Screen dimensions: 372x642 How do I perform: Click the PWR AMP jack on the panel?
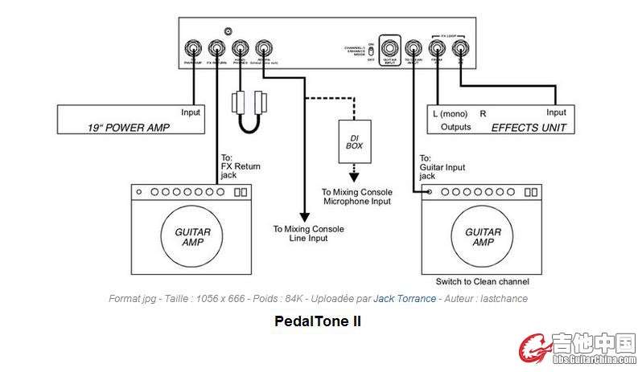point(193,47)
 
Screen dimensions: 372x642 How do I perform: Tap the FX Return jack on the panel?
point(216,47)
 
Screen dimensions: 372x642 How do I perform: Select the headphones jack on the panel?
point(240,47)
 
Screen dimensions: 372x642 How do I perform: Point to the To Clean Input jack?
point(414,47)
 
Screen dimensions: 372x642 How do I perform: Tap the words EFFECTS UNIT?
point(528,127)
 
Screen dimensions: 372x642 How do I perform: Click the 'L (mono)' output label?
point(450,113)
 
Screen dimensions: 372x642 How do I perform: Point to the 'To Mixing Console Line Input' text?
point(308,234)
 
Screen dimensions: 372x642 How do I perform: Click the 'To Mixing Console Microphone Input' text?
point(356,197)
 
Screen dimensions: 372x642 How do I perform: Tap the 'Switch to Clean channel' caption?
point(482,282)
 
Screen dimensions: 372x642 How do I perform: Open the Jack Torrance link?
point(405,299)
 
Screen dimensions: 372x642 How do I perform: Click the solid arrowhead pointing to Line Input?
point(304,217)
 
